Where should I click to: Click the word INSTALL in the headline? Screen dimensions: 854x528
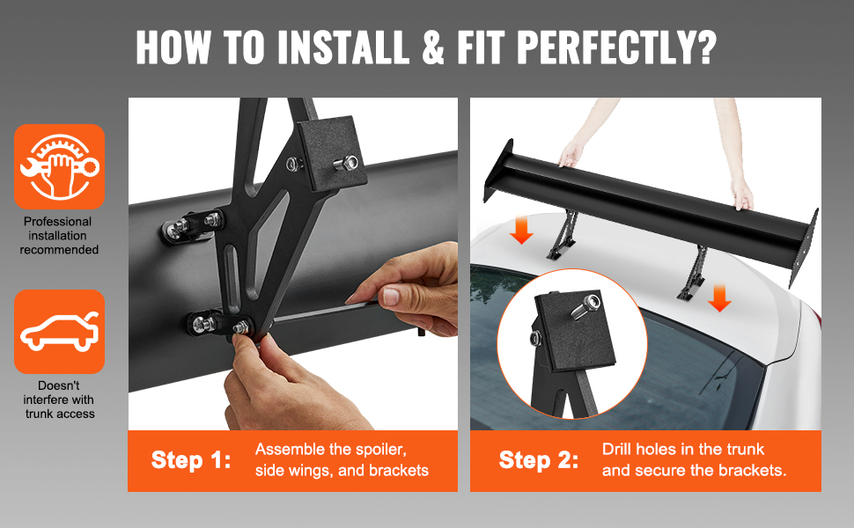(343, 47)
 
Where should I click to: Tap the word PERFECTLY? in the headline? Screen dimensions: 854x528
(616, 47)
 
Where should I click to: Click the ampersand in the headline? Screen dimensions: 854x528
(433, 47)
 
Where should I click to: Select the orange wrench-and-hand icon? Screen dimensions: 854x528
(59, 166)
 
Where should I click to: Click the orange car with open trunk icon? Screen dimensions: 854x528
(59, 332)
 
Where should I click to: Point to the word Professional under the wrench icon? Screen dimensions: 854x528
(58, 222)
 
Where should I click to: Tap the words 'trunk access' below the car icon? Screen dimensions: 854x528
(60, 414)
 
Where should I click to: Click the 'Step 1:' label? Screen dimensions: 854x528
(191, 460)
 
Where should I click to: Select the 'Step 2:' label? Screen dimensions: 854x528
(539, 460)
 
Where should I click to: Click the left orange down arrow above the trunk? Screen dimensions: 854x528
(521, 230)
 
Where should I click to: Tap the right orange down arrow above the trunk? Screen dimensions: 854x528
(719, 298)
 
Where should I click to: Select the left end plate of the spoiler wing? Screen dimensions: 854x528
(497, 171)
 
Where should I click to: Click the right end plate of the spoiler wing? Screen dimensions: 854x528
(804, 247)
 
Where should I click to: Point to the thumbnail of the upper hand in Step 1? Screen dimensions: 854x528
(391, 297)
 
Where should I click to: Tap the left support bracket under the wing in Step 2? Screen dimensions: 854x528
(563, 234)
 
